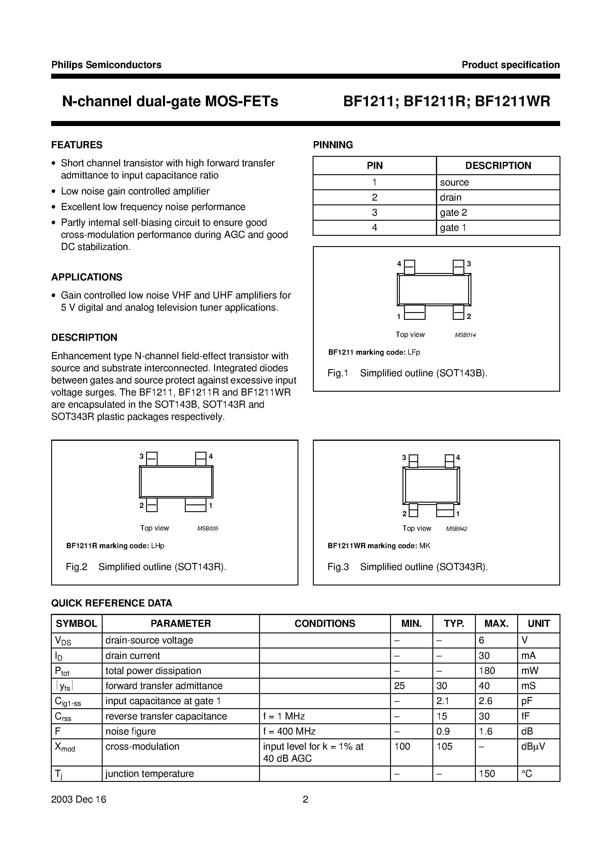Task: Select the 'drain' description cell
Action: click(x=450, y=197)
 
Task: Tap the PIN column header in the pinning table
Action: click(x=374, y=165)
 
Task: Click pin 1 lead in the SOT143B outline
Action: click(x=414, y=312)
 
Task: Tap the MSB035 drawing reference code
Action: click(x=208, y=529)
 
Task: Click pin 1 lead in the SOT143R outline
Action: click(x=195, y=505)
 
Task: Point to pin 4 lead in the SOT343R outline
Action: click(x=450, y=461)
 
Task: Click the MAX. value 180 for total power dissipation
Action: click(x=487, y=671)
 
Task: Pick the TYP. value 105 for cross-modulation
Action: click(x=444, y=746)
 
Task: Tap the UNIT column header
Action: click(x=538, y=624)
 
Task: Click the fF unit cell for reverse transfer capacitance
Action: click(x=526, y=716)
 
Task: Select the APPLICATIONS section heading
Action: click(x=87, y=277)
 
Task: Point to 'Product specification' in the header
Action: click(x=510, y=65)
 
